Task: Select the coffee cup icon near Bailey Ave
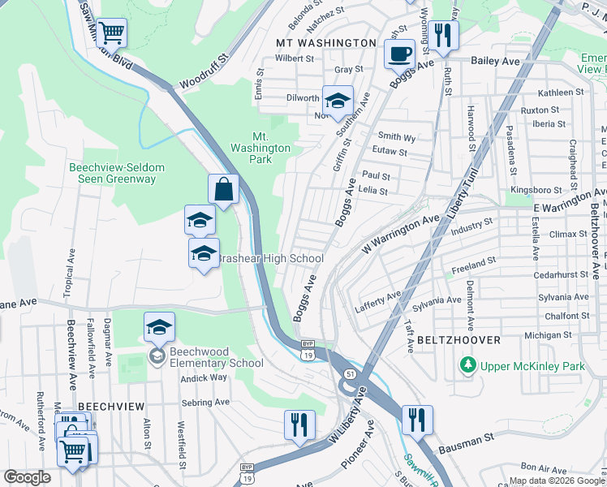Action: click(x=398, y=55)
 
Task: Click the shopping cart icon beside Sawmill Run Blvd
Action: click(x=112, y=33)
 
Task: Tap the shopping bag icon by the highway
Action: click(x=223, y=190)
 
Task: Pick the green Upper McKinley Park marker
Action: click(x=467, y=366)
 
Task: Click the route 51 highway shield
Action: click(x=348, y=373)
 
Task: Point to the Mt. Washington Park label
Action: click(x=260, y=148)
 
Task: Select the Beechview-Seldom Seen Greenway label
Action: click(x=117, y=173)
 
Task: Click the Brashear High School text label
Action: click(x=271, y=258)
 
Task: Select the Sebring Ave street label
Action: click(x=206, y=402)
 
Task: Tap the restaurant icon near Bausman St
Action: click(x=416, y=420)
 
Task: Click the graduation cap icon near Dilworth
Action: click(x=338, y=101)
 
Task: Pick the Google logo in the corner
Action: click(x=28, y=477)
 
